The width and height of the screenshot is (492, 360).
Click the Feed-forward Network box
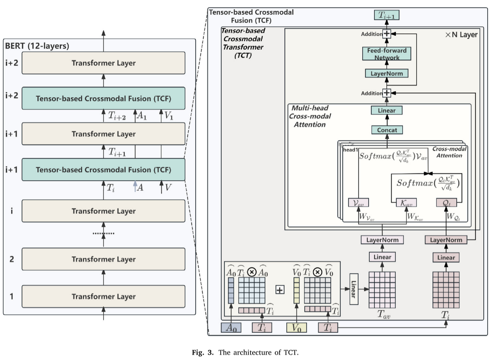pos(387,54)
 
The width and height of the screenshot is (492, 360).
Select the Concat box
pos(387,130)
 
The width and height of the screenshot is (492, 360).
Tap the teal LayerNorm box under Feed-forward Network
pos(387,73)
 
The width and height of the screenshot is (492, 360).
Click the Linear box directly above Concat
pos(387,110)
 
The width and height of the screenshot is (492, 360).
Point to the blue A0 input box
pos(231,328)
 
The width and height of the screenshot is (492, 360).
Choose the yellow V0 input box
pos(296,328)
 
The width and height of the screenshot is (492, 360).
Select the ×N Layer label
pos(461,35)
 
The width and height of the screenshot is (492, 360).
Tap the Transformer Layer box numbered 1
pos(103,296)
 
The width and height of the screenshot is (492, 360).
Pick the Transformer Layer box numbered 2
pos(103,259)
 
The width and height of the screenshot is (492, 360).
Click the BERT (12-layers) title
pos(37,46)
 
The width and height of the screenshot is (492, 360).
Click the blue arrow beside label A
pos(135,187)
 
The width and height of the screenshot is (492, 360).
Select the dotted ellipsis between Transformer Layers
pos(103,233)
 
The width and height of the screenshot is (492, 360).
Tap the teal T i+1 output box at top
pos(387,15)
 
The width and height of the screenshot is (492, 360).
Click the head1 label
pos(349,149)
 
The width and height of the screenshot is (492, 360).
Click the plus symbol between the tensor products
pos(280,290)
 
